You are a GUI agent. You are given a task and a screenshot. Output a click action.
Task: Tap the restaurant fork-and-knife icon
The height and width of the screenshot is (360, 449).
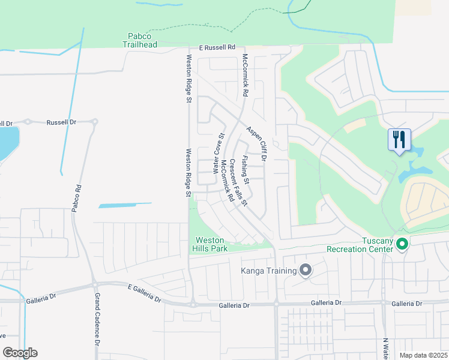pyautogui.click(x=399, y=140)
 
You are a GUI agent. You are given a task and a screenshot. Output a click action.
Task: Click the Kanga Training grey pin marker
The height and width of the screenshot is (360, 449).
pyautogui.click(x=306, y=271)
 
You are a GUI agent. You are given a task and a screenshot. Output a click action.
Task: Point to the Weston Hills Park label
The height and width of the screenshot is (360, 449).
pyautogui.click(x=209, y=244)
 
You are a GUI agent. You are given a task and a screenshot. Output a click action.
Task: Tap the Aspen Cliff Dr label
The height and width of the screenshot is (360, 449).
pyautogui.click(x=256, y=142)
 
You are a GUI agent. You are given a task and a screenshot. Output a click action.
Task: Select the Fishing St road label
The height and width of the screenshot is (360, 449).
pyautogui.click(x=245, y=170)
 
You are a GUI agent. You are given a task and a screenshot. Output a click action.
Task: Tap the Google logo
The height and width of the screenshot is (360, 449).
pyautogui.click(x=20, y=353)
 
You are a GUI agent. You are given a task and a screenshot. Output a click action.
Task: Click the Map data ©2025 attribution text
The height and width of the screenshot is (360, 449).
pyautogui.click(x=423, y=355)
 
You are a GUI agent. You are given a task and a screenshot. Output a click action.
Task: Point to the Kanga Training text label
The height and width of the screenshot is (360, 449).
pyautogui.click(x=269, y=271)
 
